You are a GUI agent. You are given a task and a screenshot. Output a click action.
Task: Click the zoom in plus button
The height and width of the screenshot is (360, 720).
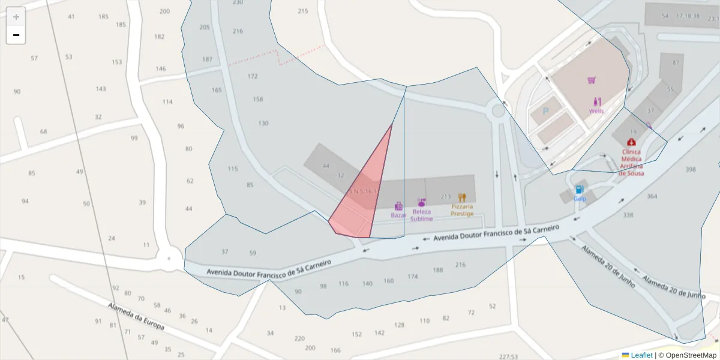(16, 17)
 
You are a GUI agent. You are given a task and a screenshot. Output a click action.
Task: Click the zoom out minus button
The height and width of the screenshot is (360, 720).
(16, 35)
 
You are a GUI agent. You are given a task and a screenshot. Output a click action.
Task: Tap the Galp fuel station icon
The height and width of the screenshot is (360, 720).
(580, 190)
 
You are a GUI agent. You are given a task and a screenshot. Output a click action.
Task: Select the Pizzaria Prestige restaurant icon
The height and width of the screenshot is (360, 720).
(462, 197)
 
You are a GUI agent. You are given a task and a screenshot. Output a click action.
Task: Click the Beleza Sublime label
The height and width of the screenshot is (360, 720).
(421, 215)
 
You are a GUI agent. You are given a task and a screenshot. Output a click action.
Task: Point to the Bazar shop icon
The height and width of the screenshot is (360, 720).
(398, 206)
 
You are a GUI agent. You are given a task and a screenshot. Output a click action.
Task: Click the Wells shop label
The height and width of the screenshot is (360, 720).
(596, 111)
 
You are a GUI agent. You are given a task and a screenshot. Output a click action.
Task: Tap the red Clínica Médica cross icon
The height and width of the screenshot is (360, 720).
(631, 142)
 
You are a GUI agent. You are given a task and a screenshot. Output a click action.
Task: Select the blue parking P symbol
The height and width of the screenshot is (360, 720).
(546, 111)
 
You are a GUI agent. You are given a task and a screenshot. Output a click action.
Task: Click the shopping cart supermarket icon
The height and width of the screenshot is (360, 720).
(592, 80)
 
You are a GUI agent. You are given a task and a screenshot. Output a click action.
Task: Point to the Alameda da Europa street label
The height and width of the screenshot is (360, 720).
(136, 316)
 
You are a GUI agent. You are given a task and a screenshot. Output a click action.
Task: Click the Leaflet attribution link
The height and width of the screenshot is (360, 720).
(637, 355)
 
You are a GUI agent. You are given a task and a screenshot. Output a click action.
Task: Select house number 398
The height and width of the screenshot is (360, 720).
(691, 170)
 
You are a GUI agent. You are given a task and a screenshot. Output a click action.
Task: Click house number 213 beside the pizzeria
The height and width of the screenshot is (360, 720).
(446, 197)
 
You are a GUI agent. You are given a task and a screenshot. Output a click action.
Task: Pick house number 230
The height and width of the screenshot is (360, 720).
(238, 2)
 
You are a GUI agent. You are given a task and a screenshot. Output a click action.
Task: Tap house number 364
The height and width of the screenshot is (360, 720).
(652, 197)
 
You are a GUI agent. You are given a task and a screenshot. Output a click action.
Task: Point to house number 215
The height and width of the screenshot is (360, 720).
(303, 11)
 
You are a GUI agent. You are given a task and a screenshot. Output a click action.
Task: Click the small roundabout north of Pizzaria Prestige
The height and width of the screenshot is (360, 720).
(497, 110)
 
